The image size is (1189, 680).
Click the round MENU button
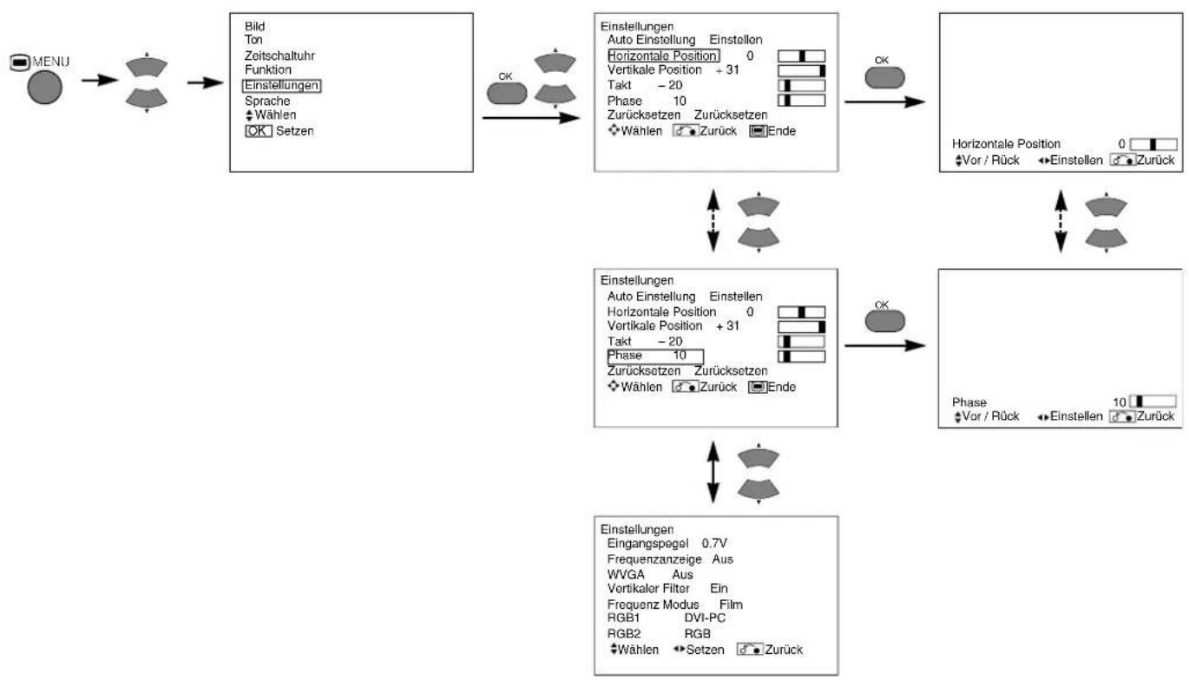pyautogui.click(x=44, y=88)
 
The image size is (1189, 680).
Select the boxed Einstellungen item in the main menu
pyautogui.click(x=281, y=85)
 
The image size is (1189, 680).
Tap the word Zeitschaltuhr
pyautogui.click(x=279, y=56)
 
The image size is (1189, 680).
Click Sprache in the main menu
pyautogui.click(x=267, y=101)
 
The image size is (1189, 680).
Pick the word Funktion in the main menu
pyautogui.click(x=268, y=69)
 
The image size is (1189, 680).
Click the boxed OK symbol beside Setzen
pyautogui.click(x=259, y=131)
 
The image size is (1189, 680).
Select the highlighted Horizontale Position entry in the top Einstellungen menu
pyautogui.click(x=664, y=56)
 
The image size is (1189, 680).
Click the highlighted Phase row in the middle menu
pyautogui.click(x=655, y=356)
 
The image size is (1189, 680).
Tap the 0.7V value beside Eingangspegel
pyautogui.click(x=714, y=543)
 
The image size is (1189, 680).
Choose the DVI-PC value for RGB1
pyautogui.click(x=705, y=618)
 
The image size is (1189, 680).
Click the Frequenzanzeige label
pyautogui.click(x=654, y=559)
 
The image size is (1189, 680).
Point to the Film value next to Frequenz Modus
pyautogui.click(x=731, y=605)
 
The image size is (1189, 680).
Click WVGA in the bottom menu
pyautogui.click(x=626, y=574)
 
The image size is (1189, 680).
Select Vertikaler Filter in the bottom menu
pyautogui.click(x=648, y=589)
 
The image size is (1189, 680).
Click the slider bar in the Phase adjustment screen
pyautogui.click(x=1153, y=402)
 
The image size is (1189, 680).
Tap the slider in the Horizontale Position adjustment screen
pyautogui.click(x=1153, y=144)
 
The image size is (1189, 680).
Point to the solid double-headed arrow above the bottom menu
pyautogui.click(x=713, y=472)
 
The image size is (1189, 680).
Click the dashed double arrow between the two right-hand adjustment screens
pyautogui.click(x=1061, y=221)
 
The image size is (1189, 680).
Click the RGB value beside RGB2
pyautogui.click(x=698, y=634)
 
